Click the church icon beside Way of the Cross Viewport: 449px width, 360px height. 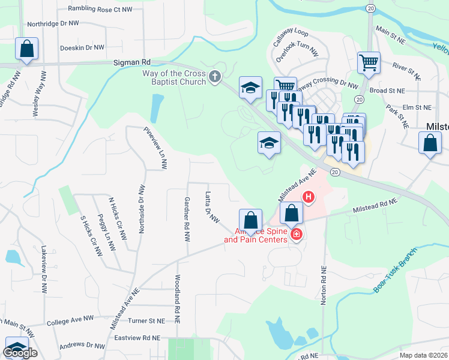pyautogui.click(x=215, y=76)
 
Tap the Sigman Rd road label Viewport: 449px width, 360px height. pyautogui.click(x=132, y=62)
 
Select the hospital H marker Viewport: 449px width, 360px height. pyautogui.click(x=309, y=196)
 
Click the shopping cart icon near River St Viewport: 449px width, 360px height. pyautogui.click(x=369, y=62)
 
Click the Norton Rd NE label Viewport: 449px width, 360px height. pyautogui.click(x=324, y=284)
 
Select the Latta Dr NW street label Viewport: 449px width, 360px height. pyautogui.click(x=211, y=208)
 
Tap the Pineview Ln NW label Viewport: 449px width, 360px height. pyautogui.click(x=154, y=148)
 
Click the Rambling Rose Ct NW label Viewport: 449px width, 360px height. pyautogui.click(x=100, y=9)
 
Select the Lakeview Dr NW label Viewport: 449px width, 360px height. pyautogui.click(x=43, y=267)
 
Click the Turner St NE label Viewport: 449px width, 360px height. pyautogui.click(x=145, y=321)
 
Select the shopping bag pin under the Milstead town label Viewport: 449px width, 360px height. pyautogui.click(x=430, y=143)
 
